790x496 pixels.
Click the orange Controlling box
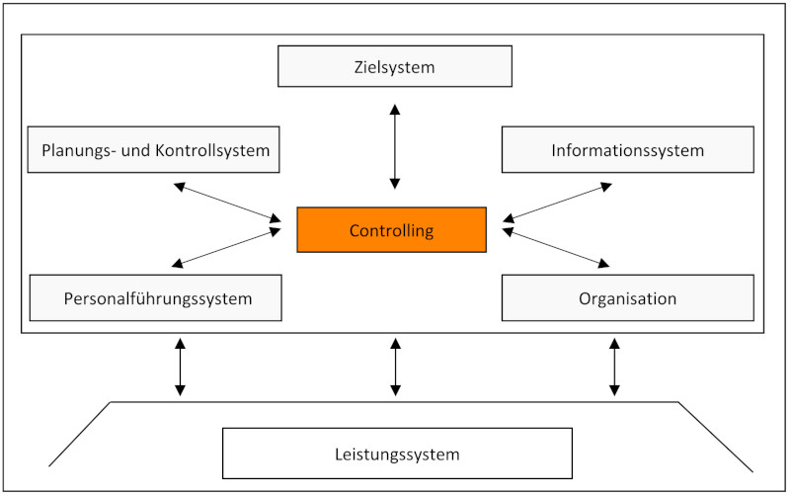[391, 230]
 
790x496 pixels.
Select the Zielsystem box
[395, 67]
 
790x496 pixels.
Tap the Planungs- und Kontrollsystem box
[155, 150]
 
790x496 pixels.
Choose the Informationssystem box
[627, 150]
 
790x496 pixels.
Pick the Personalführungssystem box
[155, 297]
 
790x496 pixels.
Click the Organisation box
[627, 297]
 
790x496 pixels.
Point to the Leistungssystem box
[396, 454]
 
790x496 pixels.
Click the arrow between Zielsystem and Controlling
[395, 145]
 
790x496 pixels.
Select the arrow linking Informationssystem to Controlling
[557, 202]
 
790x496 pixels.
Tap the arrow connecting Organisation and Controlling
[556, 248]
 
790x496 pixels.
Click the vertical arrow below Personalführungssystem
[180, 367]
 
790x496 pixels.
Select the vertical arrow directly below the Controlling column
[395, 367]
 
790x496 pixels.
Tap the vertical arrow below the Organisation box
[614, 367]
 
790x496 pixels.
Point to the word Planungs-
[78, 151]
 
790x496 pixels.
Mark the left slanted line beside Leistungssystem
[79, 434]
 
